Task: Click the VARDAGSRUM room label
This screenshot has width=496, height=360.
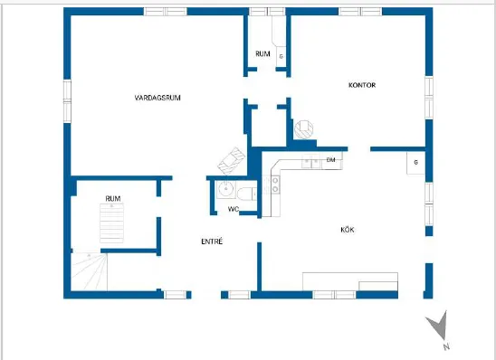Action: click(x=157, y=98)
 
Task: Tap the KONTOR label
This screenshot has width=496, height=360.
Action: click(x=362, y=85)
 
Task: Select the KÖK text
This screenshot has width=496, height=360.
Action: click(x=348, y=230)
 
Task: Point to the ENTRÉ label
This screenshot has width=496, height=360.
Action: click(x=212, y=242)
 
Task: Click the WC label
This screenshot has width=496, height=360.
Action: click(x=234, y=209)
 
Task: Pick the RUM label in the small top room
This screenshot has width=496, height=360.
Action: click(x=262, y=53)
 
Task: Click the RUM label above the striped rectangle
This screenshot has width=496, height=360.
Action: click(x=113, y=198)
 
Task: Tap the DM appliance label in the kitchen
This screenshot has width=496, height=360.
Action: click(x=330, y=160)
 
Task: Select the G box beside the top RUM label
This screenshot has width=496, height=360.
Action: click(x=281, y=56)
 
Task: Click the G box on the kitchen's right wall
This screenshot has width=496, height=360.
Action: click(x=415, y=163)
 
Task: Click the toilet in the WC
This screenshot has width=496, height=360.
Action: click(x=247, y=194)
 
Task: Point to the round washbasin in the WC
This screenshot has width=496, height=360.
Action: click(x=226, y=190)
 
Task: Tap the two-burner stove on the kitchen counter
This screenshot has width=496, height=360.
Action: click(x=275, y=185)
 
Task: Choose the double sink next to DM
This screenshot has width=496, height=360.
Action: click(x=311, y=163)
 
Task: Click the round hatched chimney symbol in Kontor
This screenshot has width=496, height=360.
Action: click(x=304, y=129)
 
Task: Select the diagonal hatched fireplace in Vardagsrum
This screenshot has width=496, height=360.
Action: click(x=232, y=161)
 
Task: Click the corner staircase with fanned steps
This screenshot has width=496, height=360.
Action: click(x=90, y=272)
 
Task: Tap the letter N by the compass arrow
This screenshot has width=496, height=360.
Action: click(x=446, y=346)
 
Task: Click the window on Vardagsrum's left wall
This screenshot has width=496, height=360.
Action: click(x=67, y=101)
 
